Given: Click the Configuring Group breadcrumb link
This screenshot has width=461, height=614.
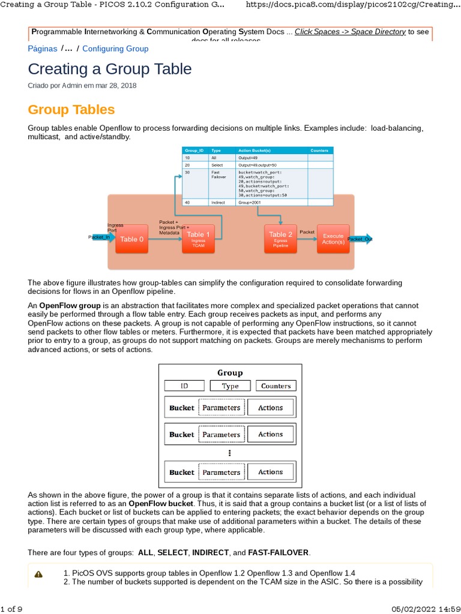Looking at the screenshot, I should tap(115, 49).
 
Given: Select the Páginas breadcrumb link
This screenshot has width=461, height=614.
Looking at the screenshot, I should tap(43, 49).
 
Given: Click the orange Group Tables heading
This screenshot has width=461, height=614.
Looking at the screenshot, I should tap(71, 110).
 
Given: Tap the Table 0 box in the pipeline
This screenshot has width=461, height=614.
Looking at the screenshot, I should tap(131, 239).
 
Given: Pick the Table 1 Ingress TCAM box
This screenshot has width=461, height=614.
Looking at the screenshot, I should tap(198, 239).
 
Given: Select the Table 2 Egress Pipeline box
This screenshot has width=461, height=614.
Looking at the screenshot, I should tap(281, 239).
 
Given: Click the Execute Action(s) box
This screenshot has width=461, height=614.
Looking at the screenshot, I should tap(333, 239).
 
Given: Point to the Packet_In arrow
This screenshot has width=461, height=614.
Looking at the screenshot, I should tap(100, 237).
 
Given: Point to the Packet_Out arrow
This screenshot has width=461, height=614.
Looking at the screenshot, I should tap(360, 239).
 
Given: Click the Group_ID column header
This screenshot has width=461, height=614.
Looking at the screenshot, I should tap(194, 151).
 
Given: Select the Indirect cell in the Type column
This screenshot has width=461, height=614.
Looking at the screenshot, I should tap(218, 203).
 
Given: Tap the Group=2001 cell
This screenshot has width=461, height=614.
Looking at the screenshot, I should tap(249, 203).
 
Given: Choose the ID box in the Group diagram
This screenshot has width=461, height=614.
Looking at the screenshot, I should tap(184, 386).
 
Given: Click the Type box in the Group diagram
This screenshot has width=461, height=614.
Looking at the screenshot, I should tap(230, 386).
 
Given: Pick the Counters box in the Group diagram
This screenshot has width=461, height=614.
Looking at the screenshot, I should tap(276, 386).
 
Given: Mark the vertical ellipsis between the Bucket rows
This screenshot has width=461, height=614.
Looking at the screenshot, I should tap(229, 453).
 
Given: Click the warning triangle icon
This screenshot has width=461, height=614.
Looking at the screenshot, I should tap(39, 574).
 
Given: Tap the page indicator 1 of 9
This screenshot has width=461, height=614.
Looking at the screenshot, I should tap(11, 609).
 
